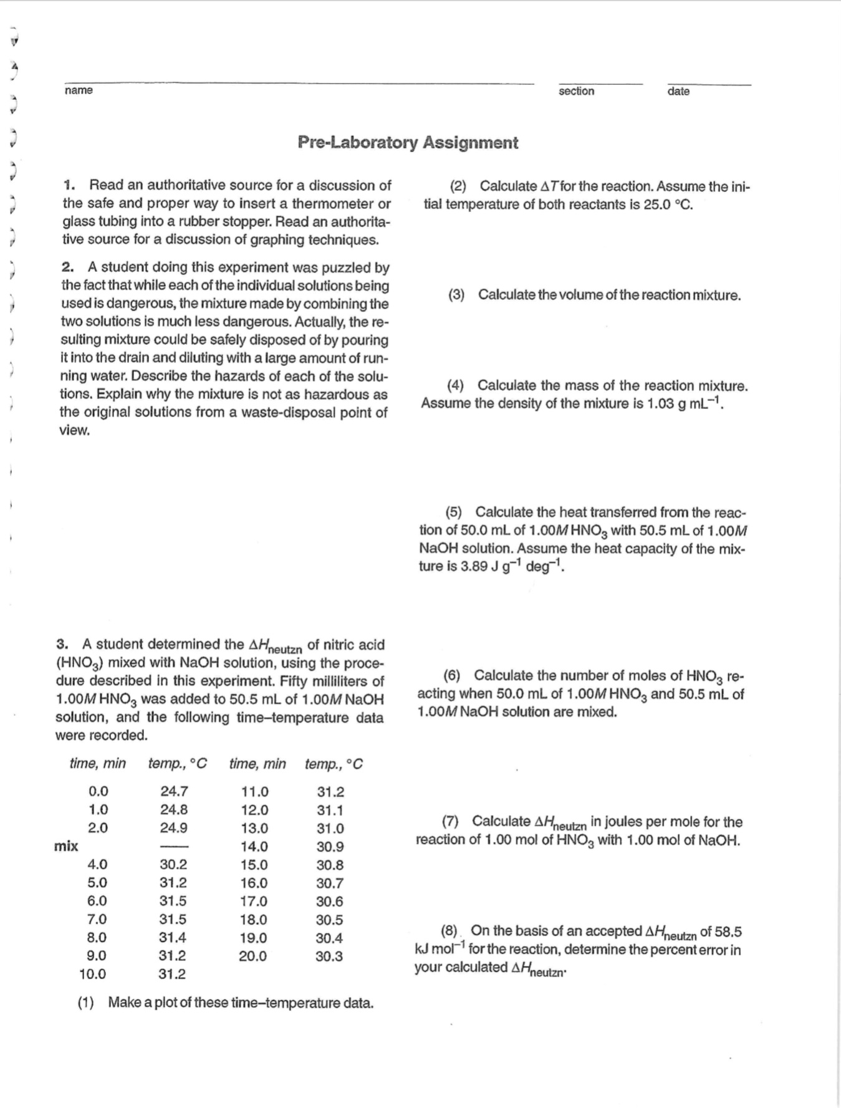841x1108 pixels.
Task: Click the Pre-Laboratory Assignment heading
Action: (x=408, y=143)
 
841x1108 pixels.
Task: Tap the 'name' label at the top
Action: (x=79, y=90)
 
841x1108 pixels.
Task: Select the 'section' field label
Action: (x=576, y=91)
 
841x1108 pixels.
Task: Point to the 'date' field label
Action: (x=678, y=91)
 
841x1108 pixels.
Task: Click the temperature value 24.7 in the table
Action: (x=174, y=792)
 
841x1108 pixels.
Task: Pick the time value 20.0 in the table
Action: (x=253, y=956)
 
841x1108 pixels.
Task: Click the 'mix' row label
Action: (x=66, y=846)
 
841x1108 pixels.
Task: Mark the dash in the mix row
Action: (x=174, y=847)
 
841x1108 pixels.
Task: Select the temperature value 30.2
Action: (x=173, y=865)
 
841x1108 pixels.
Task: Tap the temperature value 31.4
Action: (x=173, y=937)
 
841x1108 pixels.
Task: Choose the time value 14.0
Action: (x=254, y=847)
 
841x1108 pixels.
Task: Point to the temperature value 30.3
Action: (x=329, y=956)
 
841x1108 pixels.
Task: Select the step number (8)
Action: (x=449, y=932)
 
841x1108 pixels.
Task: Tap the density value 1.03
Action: (x=661, y=403)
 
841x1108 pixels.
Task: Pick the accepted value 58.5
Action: (x=728, y=932)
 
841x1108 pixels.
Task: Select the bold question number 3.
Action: (x=61, y=644)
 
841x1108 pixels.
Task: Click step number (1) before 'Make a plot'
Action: (x=86, y=1003)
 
